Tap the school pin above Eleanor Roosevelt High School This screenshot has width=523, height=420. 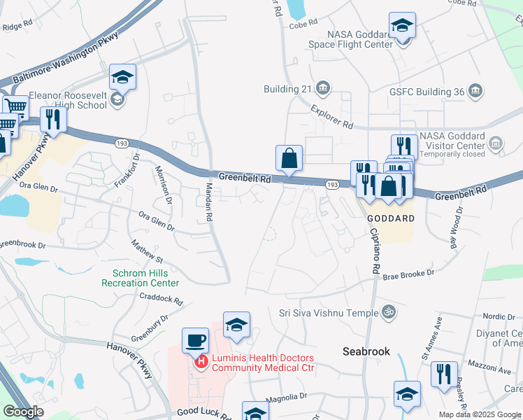(x=122, y=78)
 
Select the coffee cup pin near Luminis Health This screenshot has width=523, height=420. (x=196, y=341)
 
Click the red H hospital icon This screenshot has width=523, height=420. (x=201, y=362)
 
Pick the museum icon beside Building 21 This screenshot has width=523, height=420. (x=323, y=88)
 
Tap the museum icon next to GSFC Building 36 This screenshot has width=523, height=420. (x=475, y=90)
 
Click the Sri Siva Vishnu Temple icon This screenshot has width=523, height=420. (x=389, y=312)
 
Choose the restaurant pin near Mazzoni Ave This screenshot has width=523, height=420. (x=444, y=374)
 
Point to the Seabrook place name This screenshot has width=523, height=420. (x=366, y=351)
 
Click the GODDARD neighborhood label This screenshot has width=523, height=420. (x=391, y=218)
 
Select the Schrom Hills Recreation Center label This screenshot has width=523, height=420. (x=141, y=278)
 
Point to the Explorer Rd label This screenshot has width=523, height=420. (x=331, y=117)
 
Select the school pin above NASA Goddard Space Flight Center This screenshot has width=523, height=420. (x=403, y=27)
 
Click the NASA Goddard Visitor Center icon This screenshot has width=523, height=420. (x=496, y=143)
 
